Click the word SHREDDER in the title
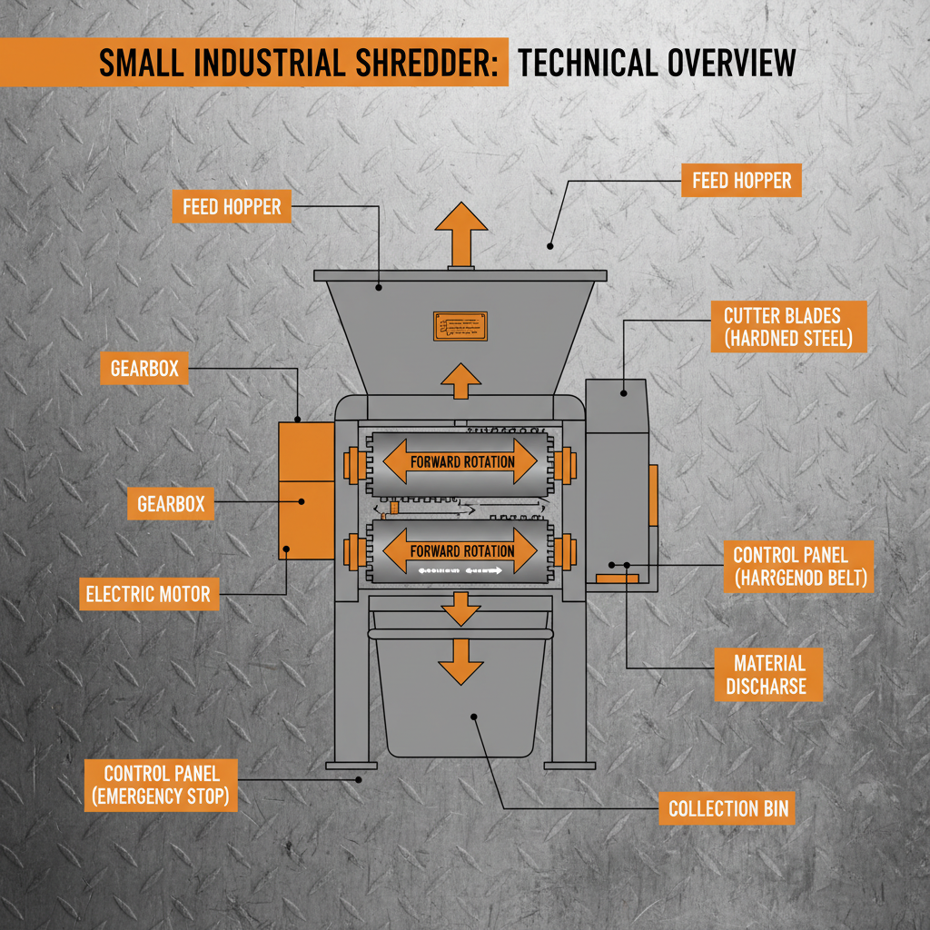click(434, 63)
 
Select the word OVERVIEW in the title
click(731, 63)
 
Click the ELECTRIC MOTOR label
click(148, 595)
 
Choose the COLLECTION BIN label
click(727, 808)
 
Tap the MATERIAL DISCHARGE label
click(766, 674)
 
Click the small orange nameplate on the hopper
click(460, 326)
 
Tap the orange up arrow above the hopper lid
click(461, 232)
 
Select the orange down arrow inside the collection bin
click(460, 660)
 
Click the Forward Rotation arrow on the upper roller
click(461, 461)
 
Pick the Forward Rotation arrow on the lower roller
click(461, 550)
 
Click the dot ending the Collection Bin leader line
click(474, 717)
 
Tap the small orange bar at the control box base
click(617, 578)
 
